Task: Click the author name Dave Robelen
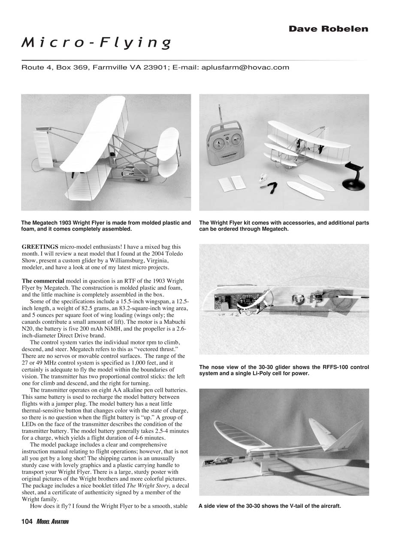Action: coord(328,29)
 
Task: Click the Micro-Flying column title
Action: coord(97,42)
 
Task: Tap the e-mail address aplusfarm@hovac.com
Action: coord(245,67)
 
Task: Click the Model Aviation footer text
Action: coord(52,521)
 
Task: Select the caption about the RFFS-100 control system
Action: coord(284,370)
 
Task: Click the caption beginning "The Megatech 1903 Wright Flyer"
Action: coord(106,226)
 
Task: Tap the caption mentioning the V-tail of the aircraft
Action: coord(270,506)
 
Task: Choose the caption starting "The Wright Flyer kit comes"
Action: coord(284,226)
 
